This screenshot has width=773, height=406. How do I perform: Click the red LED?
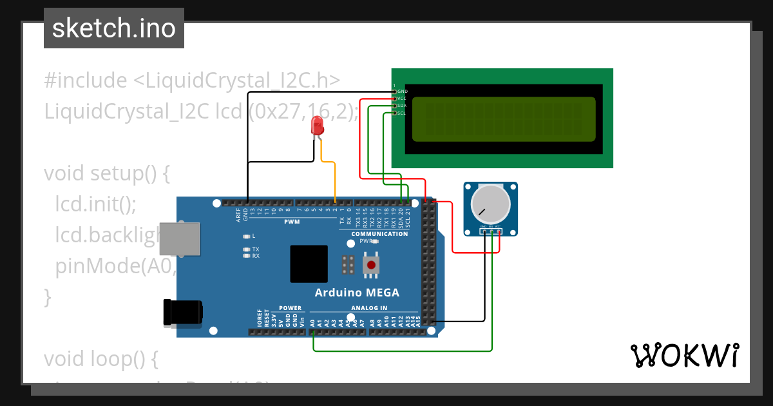317,126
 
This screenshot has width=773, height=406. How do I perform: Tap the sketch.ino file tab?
114,28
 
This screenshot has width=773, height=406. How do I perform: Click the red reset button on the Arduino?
371,265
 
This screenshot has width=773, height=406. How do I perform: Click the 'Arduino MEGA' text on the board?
356,293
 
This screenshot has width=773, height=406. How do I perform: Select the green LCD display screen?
503,119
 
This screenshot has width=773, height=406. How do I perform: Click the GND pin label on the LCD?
402,92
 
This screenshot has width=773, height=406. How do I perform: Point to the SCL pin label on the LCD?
401,113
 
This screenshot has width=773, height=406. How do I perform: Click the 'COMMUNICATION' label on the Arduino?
379,234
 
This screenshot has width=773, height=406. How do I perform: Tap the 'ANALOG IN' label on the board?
369,308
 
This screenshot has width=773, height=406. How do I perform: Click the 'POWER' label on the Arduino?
290,308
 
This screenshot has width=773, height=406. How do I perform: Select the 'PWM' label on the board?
292,222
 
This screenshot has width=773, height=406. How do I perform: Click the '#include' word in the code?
86,81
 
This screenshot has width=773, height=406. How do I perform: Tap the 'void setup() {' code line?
106,173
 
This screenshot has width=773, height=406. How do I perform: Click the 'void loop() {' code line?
100,359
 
